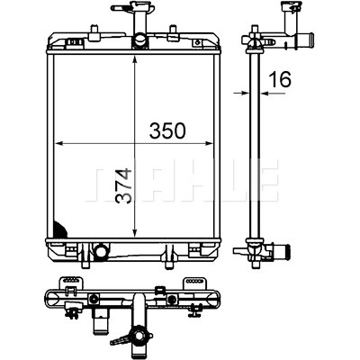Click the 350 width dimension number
167,130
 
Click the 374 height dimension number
123,186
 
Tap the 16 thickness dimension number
280,79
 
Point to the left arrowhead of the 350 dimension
59,144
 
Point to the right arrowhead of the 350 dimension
209,144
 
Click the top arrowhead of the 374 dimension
135,59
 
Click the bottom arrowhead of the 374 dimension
135,233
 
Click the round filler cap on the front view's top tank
140,40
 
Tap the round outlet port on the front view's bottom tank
101,250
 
